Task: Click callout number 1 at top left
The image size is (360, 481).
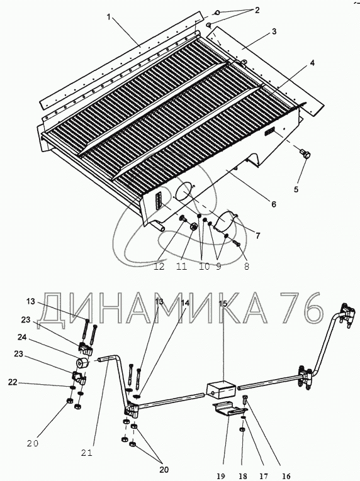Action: [108, 17]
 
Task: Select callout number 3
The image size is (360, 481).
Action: [274, 31]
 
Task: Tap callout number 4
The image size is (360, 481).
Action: [312, 64]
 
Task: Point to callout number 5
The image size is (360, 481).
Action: [296, 189]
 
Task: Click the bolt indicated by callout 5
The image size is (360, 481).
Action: [305, 153]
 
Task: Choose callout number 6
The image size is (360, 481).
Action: [273, 204]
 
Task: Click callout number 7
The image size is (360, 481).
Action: [257, 236]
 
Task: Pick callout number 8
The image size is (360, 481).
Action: [247, 267]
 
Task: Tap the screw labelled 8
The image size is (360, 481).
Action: [237, 243]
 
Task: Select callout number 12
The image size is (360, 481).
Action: [159, 266]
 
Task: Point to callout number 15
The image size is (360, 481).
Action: [223, 304]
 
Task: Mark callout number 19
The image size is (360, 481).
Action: [220, 477]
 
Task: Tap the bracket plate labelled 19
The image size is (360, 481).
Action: [230, 409]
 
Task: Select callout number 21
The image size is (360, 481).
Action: [87, 453]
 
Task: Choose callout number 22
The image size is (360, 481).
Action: [13, 382]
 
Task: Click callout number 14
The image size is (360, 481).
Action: [185, 303]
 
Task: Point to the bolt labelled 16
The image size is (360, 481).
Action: [245, 399]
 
